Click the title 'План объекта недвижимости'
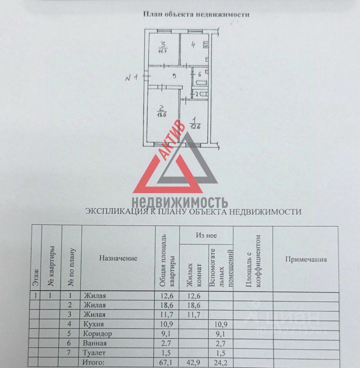click(x=196, y=15)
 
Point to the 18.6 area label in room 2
click(x=161, y=114)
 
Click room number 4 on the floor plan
click(x=193, y=45)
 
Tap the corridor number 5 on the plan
click(x=174, y=76)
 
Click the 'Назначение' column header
click(x=118, y=258)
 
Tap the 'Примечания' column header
click(x=306, y=259)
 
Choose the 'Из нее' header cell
click(x=206, y=235)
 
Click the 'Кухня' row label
click(x=93, y=324)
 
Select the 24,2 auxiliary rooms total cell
click(x=219, y=361)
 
